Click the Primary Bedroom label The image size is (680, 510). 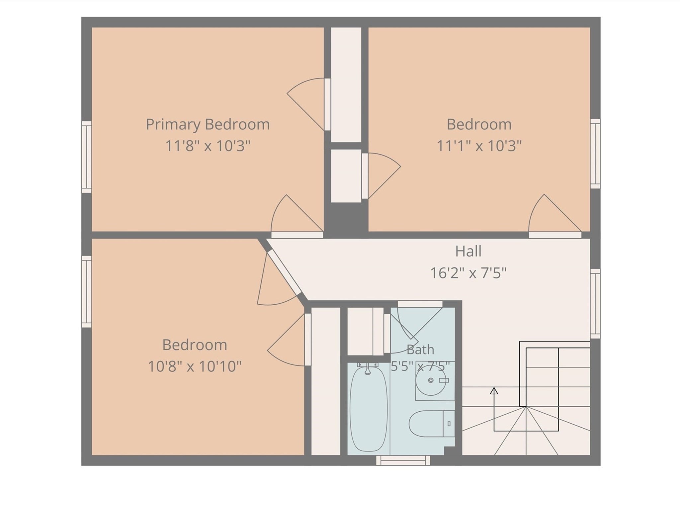pos(208,125)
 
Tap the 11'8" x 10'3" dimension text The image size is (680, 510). pos(208,146)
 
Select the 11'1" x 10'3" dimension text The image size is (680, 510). pos(479,146)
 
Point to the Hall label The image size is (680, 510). pos(468,251)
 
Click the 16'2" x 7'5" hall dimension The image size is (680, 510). pos(468,273)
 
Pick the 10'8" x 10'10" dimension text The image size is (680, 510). pos(195,366)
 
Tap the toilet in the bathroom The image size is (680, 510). pos(432,424)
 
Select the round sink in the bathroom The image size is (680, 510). pos(431,380)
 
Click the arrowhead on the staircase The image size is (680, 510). pos(494,391)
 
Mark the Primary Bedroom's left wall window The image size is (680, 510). pos(87,157)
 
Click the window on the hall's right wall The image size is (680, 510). pos(595,304)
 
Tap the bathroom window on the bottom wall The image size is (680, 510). pos(403,460)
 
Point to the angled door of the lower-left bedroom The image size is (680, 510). pos(284,272)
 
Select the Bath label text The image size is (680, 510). pos(420,350)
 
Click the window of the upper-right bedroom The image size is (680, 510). pos(595,153)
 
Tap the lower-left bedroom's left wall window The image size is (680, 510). pos(87,291)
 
